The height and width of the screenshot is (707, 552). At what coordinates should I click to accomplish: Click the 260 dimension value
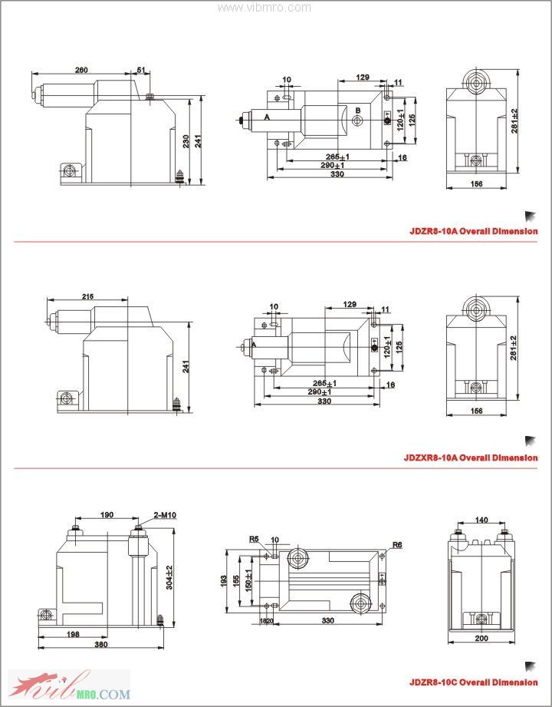pyautogui.click(x=80, y=70)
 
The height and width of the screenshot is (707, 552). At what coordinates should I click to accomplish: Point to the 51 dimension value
pyautogui.click(x=141, y=70)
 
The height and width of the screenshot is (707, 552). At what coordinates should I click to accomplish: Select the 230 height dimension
pyautogui.click(x=186, y=141)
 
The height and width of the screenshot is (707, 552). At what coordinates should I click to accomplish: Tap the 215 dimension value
pyautogui.click(x=87, y=296)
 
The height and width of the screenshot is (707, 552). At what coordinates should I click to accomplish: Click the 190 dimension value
pyautogui.click(x=106, y=515)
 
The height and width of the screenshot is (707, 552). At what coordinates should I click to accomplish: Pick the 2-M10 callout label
pyautogui.click(x=165, y=515)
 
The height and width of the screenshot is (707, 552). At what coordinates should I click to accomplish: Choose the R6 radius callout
pyautogui.click(x=397, y=545)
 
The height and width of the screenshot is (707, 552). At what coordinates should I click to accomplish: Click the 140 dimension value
pyautogui.click(x=481, y=520)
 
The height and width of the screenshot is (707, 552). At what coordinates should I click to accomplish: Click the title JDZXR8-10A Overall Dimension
pyautogui.click(x=471, y=458)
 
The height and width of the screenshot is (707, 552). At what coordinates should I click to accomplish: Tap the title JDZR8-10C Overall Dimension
pyautogui.click(x=472, y=682)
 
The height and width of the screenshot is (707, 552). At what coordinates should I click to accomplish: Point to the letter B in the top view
pyautogui.click(x=357, y=111)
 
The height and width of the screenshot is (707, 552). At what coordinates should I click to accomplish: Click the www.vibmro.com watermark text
pyautogui.click(x=264, y=8)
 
